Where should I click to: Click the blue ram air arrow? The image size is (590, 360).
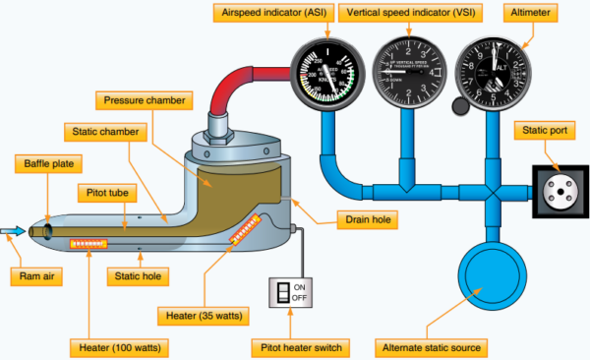point(14,231)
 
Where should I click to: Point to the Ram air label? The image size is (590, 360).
point(33,277)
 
